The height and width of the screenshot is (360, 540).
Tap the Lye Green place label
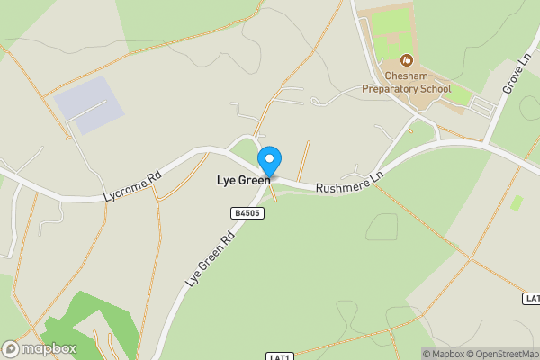click(243, 180)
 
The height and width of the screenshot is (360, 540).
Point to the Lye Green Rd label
click(210, 258)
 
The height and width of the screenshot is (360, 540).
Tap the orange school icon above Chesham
click(407, 61)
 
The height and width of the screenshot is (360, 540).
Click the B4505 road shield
click(246, 213)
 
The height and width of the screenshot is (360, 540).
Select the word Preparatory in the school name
click(391, 89)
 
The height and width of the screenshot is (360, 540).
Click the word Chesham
click(407, 77)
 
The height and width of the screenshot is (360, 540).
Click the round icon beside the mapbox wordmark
click(12, 348)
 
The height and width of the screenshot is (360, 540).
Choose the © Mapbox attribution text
click(441, 354)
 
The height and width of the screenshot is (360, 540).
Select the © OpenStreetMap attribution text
click(500, 354)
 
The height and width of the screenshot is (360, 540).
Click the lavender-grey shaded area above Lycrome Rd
click(88, 104)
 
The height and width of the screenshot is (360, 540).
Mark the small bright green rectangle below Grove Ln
click(517, 202)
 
